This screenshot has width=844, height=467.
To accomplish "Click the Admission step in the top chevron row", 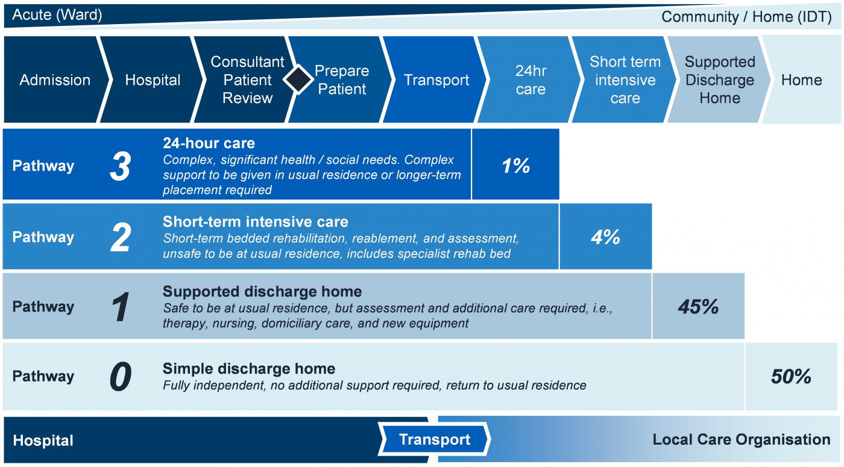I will pos(55,80).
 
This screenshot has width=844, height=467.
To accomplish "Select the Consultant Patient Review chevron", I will pos(247,80).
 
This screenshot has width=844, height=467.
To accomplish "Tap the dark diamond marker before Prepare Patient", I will pos(298,80).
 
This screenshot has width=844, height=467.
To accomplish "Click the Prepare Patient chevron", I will pos(342,80).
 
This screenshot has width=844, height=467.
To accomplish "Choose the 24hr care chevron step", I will pos(531,80).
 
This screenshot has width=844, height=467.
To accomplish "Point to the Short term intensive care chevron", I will pos(625,80).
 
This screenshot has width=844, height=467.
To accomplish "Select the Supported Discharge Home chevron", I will pos(719,80).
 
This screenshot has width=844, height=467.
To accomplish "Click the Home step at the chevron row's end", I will pos(801,80).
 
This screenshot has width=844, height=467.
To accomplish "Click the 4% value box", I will pos(605,237).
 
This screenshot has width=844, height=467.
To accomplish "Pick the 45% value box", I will pos(698,307).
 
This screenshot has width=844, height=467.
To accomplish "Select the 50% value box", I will pos(791,377).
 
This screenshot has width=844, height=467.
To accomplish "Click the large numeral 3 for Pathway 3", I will pos(120,166).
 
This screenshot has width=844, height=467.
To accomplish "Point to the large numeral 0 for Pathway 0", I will pos(120,377).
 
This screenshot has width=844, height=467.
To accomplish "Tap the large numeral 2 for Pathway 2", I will pos(120,237).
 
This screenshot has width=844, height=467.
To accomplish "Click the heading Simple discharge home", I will pos(248,368).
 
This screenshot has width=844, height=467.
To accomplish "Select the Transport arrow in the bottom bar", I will pos(434,440).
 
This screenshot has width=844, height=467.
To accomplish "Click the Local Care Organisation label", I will pos(741,440).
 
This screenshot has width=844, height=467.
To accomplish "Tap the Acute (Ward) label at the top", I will pos(57,15).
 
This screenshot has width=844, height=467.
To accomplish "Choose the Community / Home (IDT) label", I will pos(746,16).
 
